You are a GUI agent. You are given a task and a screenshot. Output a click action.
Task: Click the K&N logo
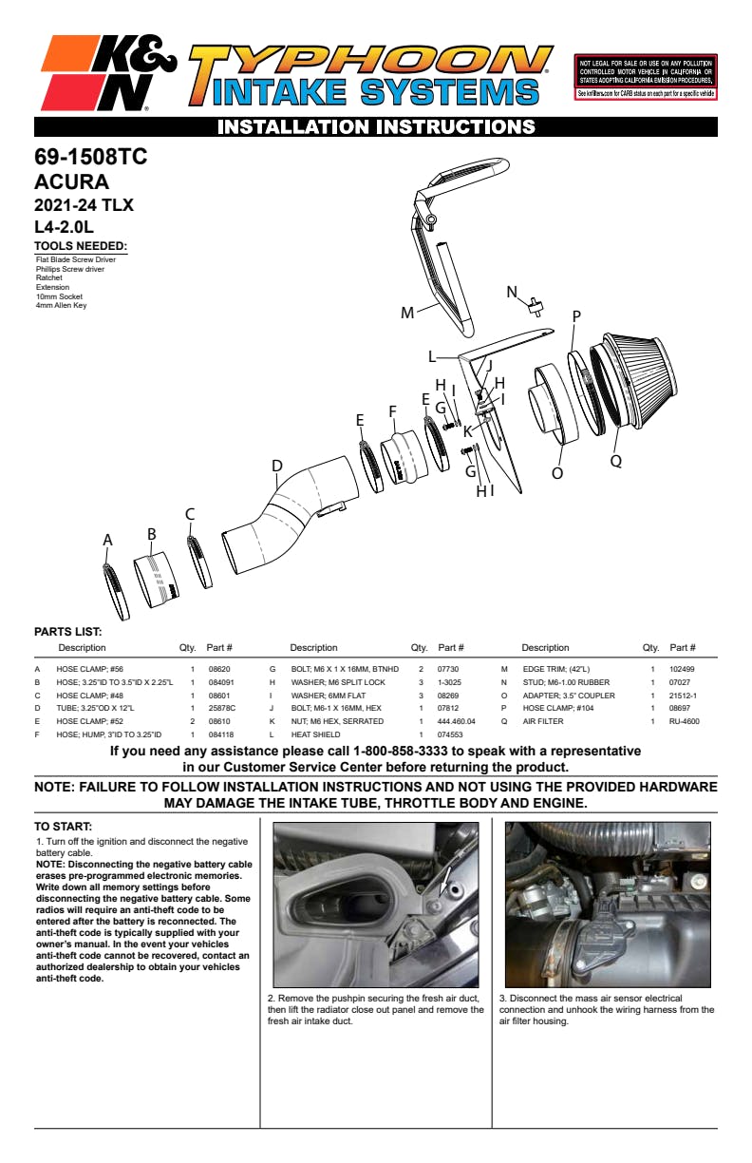click(x=107, y=72)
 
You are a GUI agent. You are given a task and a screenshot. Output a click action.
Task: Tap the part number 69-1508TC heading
click(x=91, y=157)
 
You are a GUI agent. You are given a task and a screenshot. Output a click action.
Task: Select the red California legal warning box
click(x=646, y=77)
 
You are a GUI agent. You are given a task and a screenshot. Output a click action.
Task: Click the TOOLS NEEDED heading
click(x=81, y=247)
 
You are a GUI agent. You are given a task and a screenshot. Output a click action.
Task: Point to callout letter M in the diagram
click(x=407, y=313)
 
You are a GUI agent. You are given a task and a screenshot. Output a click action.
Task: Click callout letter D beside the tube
click(x=277, y=466)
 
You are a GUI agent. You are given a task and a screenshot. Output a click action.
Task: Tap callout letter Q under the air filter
click(x=615, y=460)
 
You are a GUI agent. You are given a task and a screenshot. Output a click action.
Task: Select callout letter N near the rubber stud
click(x=512, y=292)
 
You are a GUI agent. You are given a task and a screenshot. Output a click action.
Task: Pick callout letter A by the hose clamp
click(x=108, y=540)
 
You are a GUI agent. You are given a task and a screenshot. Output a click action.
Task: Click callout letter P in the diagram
click(x=576, y=316)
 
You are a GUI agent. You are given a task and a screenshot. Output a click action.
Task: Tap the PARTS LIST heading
click(x=67, y=631)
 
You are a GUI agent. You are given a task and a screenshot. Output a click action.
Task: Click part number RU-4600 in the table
click(x=684, y=721)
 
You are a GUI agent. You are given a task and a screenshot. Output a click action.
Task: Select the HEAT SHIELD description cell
click(x=315, y=734)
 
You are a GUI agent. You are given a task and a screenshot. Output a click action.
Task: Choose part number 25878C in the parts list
click(x=221, y=708)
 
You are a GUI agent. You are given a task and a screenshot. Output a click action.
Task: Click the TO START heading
click(x=63, y=827)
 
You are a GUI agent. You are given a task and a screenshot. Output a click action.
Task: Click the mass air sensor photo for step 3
click(x=608, y=904)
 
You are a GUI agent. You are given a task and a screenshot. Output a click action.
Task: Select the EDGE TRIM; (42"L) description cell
click(x=556, y=669)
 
